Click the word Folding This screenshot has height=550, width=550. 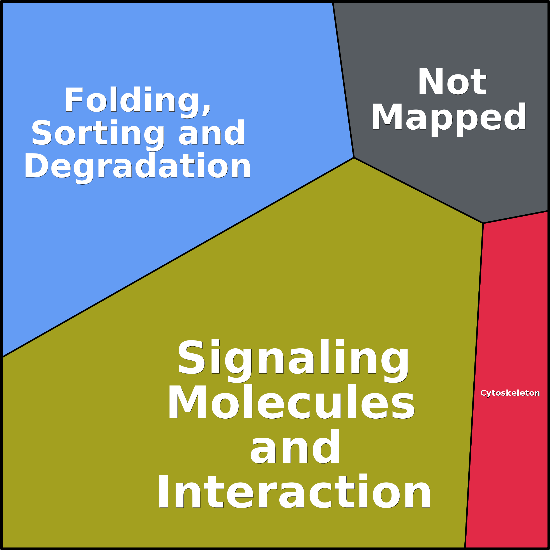(134, 100)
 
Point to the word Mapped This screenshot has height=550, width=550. (449, 117)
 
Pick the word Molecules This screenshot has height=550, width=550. (291, 402)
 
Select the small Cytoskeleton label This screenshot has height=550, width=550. (510, 393)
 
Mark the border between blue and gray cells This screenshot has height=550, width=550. (343, 80)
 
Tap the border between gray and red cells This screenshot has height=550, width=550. (515, 217)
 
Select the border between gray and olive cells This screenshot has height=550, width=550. (418, 190)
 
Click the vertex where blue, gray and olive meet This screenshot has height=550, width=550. (354, 157)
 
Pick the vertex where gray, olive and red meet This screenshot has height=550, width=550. (483, 223)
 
